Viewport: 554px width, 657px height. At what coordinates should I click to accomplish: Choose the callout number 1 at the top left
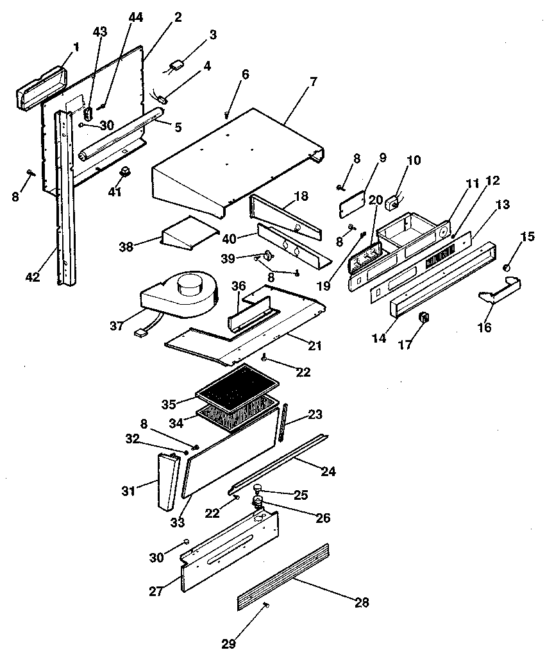(76, 47)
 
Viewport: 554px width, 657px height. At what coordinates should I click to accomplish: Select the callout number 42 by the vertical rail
(33, 277)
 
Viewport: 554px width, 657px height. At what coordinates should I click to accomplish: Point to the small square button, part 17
(423, 317)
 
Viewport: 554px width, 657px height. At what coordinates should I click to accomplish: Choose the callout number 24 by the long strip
(328, 472)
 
